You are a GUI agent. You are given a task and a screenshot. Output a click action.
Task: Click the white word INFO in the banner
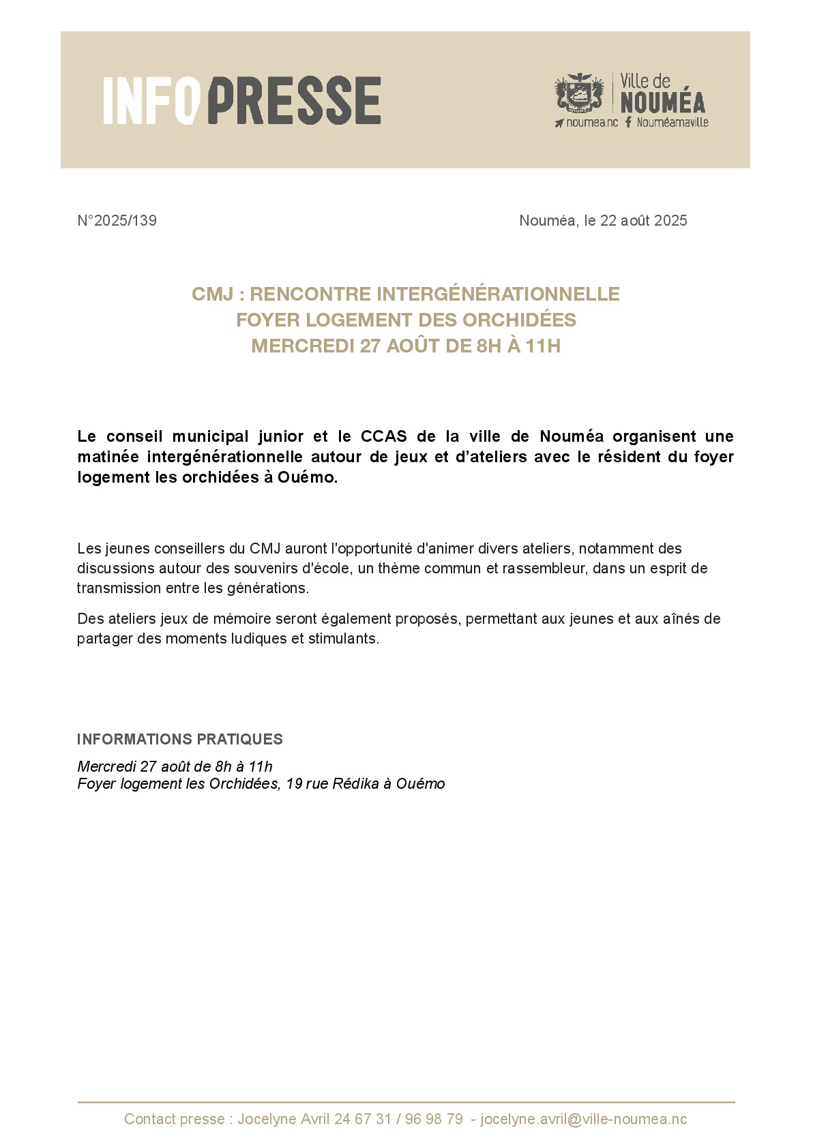[x=151, y=100]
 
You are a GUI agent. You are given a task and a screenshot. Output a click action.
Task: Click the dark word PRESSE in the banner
[x=294, y=100]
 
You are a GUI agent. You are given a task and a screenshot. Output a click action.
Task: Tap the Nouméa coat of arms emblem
[x=579, y=93]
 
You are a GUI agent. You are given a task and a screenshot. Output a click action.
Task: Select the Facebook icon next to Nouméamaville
[x=628, y=122]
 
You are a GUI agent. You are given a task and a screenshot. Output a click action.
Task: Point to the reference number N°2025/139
[x=117, y=221]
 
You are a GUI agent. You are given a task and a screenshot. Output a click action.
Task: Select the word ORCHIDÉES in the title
[x=519, y=320]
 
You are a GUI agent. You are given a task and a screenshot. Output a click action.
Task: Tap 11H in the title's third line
[x=543, y=346]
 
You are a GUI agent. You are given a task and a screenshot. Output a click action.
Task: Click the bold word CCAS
[x=383, y=436]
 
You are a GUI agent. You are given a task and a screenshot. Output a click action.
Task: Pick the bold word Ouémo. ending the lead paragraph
[x=308, y=477]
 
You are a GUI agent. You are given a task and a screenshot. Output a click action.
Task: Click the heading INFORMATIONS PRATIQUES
[x=179, y=740]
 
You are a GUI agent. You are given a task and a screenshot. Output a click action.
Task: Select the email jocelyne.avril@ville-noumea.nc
[x=583, y=1119]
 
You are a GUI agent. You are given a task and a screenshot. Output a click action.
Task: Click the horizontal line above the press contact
[x=406, y=1102]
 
